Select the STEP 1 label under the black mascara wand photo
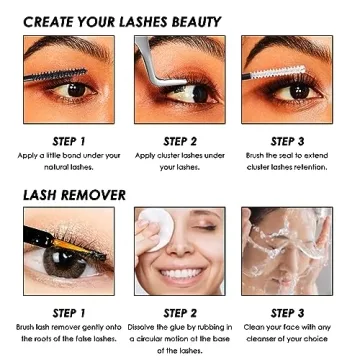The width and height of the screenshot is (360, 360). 68,141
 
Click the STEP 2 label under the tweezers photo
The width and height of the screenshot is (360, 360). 180,141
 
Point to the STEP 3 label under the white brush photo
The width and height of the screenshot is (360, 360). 288,141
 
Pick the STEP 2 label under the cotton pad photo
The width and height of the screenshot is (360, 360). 180,313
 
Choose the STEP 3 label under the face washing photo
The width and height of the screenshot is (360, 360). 288,313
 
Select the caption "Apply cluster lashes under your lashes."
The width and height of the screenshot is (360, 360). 180,161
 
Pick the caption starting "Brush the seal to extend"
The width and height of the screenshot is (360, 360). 288,161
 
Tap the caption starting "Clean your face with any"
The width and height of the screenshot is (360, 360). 288,333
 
